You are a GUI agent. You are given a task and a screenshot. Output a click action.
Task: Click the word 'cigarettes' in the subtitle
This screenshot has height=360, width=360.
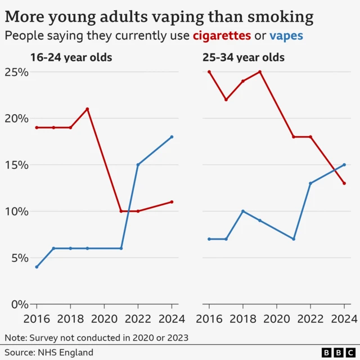(222, 37)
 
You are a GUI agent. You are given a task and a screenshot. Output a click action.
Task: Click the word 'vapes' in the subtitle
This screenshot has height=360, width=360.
(286, 37)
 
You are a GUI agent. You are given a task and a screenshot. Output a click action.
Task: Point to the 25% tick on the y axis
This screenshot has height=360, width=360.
(17, 73)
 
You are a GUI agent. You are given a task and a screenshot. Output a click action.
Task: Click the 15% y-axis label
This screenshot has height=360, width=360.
(17, 165)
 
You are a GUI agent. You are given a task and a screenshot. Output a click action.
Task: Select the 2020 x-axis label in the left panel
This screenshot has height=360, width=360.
(105, 319)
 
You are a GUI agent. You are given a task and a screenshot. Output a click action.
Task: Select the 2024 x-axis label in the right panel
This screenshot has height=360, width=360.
(344, 319)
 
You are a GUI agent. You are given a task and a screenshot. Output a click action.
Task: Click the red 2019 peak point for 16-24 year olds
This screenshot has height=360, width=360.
(87, 109)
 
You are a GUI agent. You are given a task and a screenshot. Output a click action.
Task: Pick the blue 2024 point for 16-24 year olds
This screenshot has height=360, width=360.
(172, 137)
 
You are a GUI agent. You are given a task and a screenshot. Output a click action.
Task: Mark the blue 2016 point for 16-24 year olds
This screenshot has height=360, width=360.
(37, 267)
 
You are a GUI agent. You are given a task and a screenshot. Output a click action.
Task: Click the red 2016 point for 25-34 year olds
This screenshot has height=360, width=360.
(209, 72)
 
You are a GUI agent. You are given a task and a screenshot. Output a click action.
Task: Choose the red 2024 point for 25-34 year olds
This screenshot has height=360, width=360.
(344, 183)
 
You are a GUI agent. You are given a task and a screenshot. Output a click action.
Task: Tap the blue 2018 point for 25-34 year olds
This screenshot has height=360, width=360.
(243, 211)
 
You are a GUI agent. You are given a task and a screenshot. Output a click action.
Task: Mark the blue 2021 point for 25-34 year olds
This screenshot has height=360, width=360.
(294, 239)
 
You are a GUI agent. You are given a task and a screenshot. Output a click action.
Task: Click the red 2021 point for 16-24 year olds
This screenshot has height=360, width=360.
(121, 211)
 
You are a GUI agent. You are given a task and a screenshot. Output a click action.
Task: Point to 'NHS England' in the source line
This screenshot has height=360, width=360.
(66, 353)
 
